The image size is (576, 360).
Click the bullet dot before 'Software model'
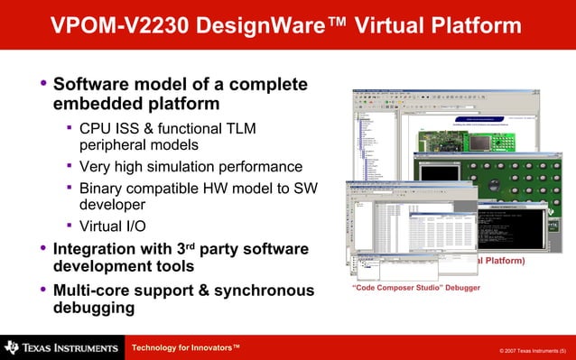[42, 85]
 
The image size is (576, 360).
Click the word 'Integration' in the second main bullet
[100, 248]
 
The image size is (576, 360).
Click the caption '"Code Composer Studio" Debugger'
[415, 288]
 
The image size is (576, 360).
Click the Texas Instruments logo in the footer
[60, 347]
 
